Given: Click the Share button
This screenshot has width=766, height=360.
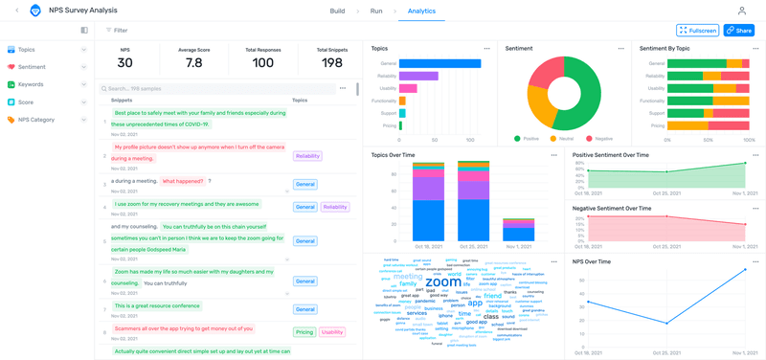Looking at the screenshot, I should coord(739,31).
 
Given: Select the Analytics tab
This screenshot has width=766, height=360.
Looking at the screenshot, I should coord(420,11).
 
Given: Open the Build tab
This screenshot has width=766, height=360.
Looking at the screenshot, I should coord(337,11).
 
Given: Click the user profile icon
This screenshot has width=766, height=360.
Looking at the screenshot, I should coord(741,11).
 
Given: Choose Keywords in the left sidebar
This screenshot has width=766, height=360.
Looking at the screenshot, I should coord(30,84).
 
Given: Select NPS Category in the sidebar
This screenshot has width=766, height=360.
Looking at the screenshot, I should coord(36,120).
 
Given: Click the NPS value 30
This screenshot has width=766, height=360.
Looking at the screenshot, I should coord(125,63).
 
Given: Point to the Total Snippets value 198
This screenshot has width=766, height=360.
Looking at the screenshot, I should coord(332,63).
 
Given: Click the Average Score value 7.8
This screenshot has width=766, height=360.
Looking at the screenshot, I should coord(194,63).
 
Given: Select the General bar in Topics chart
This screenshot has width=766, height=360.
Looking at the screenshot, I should coord(439,64).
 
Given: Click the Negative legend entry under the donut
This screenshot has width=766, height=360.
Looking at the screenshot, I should coord(599,138).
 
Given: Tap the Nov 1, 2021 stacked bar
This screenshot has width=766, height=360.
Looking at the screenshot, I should coord(518,230).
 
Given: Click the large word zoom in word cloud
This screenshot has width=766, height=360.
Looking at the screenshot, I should coord(442,283).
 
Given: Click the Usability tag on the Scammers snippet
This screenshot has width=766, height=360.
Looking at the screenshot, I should coord(332,332).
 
